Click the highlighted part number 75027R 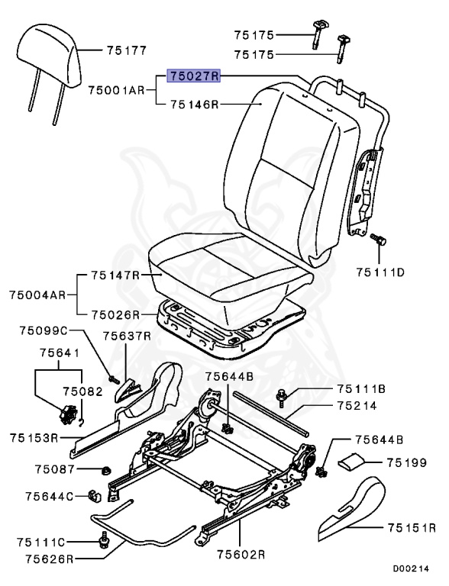point(195,77)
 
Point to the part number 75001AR point(116,89)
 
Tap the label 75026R point(115,314)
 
